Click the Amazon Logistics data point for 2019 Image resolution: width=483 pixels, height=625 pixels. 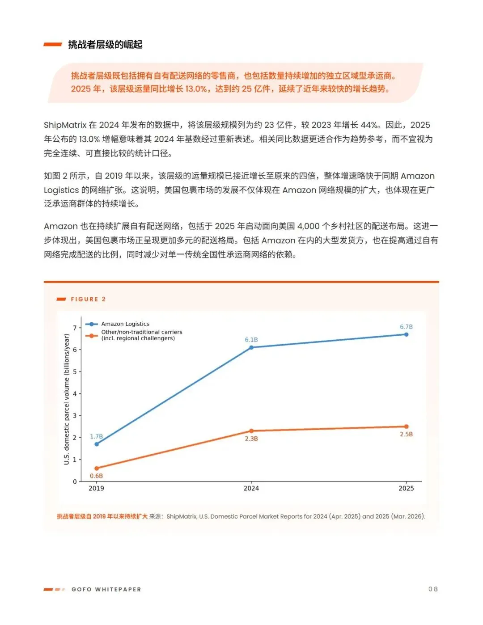point(97,444)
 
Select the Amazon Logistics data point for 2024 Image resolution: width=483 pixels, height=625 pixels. point(251,347)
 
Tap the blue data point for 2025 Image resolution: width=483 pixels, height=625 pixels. point(406,334)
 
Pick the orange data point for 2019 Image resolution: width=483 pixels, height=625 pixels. point(97,468)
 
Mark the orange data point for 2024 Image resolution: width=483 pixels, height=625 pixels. point(251,431)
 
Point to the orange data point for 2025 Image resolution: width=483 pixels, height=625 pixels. point(406,427)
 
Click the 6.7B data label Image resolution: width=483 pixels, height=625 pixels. point(406,327)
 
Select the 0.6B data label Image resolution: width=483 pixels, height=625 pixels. point(96,476)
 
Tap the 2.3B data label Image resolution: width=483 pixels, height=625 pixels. point(251,439)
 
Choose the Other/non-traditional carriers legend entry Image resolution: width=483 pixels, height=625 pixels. point(134,335)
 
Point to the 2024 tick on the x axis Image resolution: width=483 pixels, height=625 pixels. point(251,488)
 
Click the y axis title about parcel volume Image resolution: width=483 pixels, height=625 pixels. point(67,399)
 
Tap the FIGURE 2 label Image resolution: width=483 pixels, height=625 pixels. point(88,299)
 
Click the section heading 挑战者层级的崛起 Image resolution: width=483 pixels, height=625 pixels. point(105,45)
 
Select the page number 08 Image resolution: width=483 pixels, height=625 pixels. point(433,589)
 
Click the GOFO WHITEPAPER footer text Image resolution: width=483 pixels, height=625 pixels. point(106,589)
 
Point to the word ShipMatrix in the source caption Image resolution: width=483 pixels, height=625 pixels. point(182,516)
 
